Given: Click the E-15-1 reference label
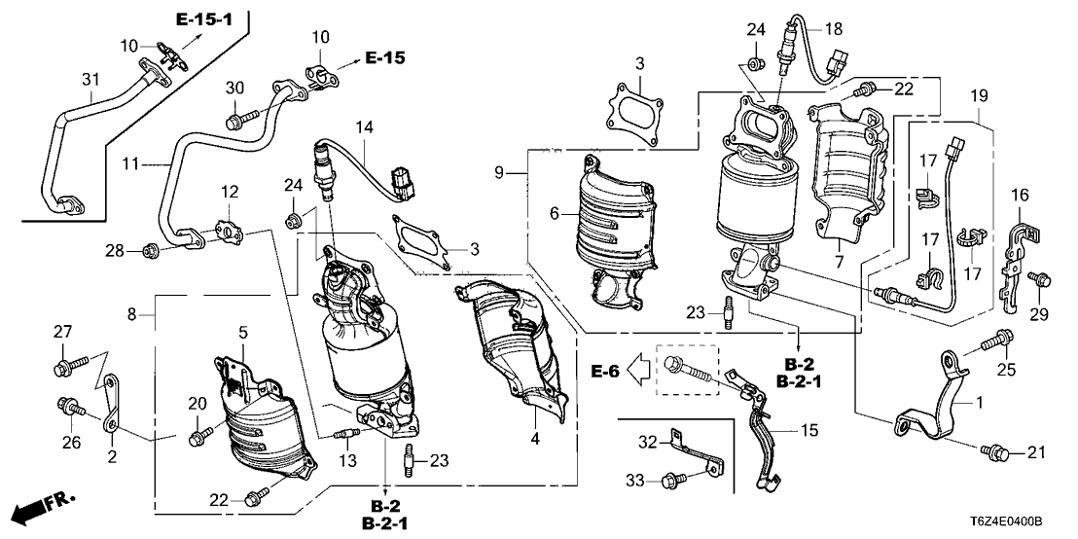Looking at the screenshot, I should pyautogui.click(x=204, y=18).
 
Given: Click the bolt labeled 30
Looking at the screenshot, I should pyautogui.click(x=236, y=122).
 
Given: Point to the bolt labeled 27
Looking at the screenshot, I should pyautogui.click(x=65, y=367).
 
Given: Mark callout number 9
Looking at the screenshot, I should pyautogui.click(x=499, y=173).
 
